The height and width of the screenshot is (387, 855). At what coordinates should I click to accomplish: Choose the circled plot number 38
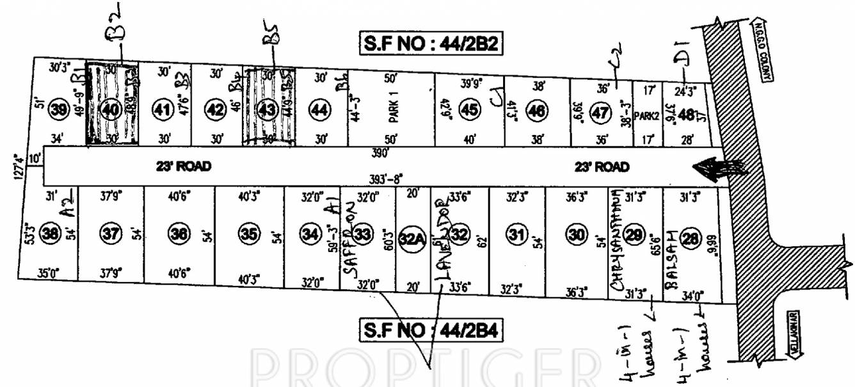click(50, 234)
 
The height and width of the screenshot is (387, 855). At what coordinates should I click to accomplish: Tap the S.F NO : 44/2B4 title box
click(429, 331)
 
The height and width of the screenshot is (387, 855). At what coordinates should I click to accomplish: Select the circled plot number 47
click(600, 110)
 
